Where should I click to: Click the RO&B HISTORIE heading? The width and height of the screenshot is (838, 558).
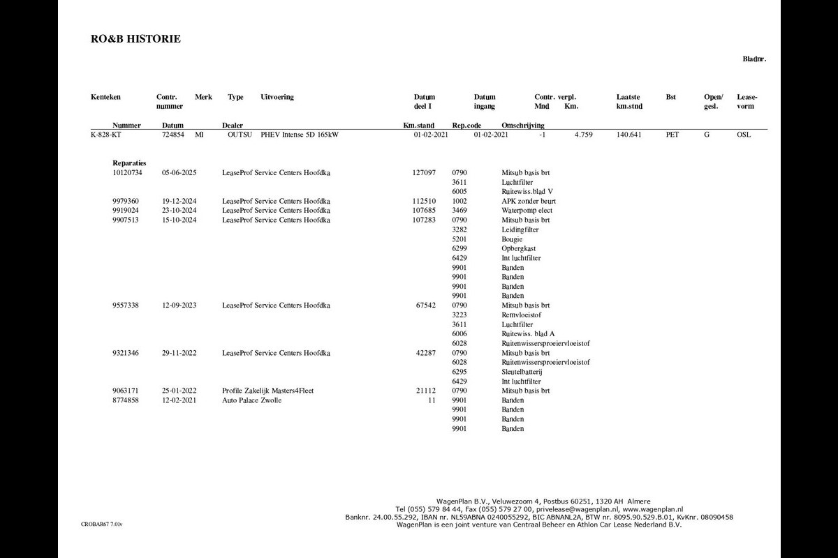tap(135, 39)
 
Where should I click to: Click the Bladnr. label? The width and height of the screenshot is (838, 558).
tap(754, 59)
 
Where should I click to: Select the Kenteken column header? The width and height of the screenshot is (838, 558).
tap(105, 97)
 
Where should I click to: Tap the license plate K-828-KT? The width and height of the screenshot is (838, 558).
tap(105, 135)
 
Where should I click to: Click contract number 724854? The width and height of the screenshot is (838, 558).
tap(173, 135)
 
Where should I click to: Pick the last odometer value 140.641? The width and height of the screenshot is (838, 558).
tap(629, 135)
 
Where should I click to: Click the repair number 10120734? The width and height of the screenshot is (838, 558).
tap(127, 172)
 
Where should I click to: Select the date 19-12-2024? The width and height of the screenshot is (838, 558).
tap(179, 201)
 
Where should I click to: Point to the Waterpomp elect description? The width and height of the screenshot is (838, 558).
tap(527, 210)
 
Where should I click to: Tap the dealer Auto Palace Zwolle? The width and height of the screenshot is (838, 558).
tap(251, 400)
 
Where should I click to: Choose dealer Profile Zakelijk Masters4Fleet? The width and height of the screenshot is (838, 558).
tap(267, 391)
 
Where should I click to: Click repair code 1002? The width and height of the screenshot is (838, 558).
tap(460, 201)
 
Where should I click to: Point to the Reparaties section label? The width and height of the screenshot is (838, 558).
tap(129, 163)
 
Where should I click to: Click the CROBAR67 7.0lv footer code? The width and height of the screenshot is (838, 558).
tap(101, 523)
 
